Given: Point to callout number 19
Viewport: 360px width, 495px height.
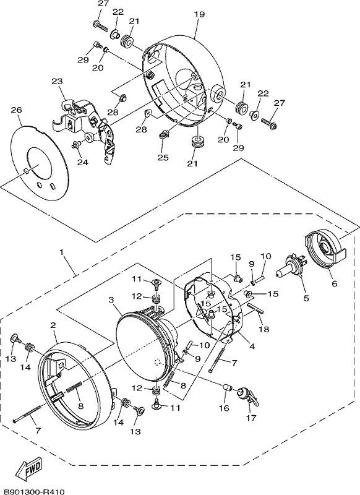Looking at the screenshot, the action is point(199,14).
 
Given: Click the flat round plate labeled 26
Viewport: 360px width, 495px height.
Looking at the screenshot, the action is point(40,163).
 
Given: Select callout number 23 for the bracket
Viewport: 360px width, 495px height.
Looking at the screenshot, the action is point(57,81).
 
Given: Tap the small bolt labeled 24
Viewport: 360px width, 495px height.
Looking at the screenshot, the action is point(75,145).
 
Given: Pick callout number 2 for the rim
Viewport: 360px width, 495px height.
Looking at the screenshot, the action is point(53,325).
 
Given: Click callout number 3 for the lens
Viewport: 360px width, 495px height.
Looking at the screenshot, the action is point(111,299).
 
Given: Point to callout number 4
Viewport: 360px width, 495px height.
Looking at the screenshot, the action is point(252,346).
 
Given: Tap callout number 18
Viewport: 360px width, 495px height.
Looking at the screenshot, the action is point(264,329).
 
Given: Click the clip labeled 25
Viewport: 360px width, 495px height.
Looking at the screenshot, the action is point(164,135).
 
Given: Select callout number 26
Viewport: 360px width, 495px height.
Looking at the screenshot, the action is point(17,110).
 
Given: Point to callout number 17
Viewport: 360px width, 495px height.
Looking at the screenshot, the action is point(252,418).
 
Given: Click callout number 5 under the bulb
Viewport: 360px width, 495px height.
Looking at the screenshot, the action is point(306,298).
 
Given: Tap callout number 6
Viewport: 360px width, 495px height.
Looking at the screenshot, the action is point(335,283).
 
